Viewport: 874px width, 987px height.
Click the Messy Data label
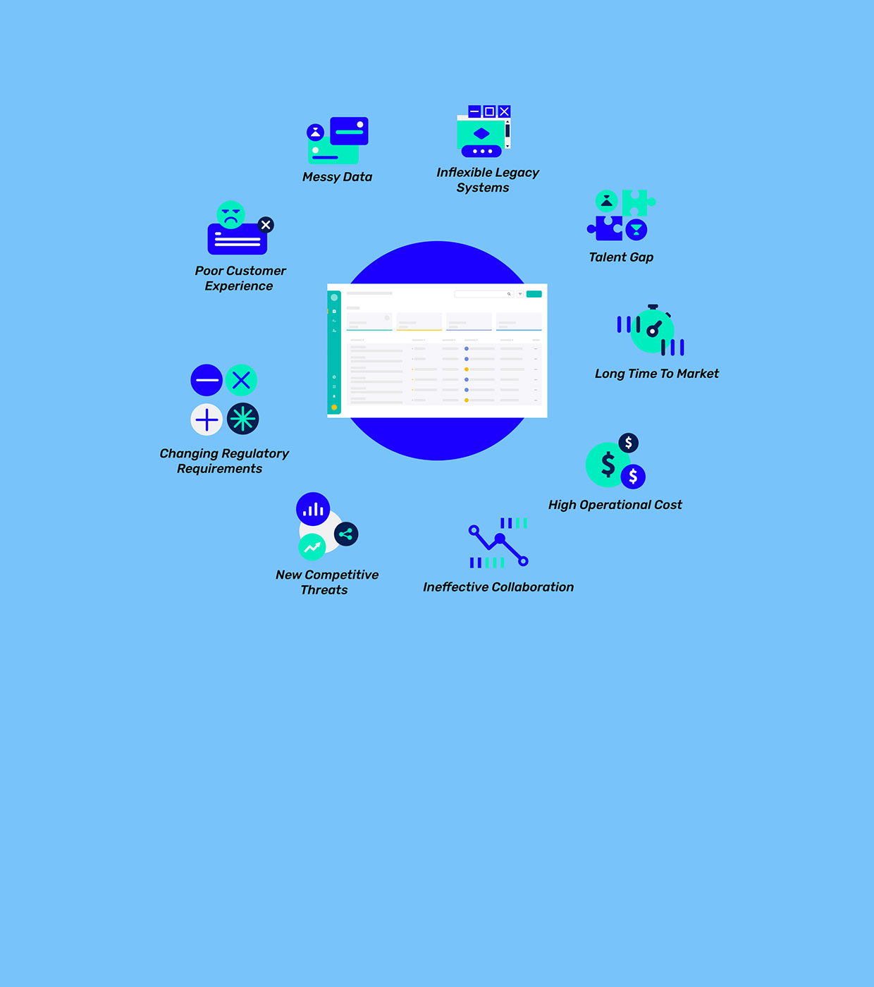click(337, 177)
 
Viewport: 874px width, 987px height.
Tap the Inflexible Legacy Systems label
click(487, 180)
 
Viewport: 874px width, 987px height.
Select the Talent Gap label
click(621, 257)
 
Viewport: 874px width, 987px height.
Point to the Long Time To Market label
click(657, 374)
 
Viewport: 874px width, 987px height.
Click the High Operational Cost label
click(615, 505)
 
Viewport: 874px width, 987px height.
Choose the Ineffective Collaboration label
click(498, 587)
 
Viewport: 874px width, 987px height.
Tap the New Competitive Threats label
click(327, 582)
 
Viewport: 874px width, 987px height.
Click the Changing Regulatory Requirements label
click(223, 461)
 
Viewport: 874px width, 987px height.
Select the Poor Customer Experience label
click(240, 278)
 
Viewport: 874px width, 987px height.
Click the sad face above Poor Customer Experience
click(231, 214)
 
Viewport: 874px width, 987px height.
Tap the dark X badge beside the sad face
click(266, 225)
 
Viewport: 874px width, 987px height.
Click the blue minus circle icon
click(207, 381)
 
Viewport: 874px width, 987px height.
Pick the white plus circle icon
click(207, 420)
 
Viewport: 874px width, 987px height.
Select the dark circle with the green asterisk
click(243, 419)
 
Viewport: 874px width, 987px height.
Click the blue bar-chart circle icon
click(313, 509)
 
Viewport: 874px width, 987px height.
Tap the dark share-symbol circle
click(346, 534)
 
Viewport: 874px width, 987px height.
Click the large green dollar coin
click(607, 465)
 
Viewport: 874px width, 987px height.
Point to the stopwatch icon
click(653, 330)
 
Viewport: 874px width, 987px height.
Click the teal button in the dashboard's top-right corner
click(534, 294)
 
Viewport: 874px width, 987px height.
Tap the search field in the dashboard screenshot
click(484, 294)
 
